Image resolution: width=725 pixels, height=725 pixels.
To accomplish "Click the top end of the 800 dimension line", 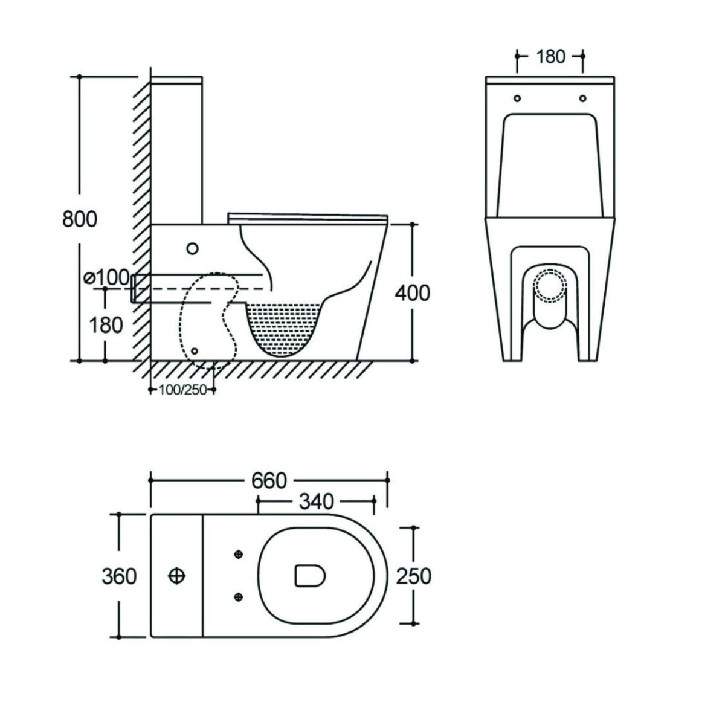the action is [79, 76].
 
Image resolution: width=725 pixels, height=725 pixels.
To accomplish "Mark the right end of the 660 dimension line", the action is [388, 480].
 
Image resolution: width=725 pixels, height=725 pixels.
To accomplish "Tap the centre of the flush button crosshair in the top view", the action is [177, 576].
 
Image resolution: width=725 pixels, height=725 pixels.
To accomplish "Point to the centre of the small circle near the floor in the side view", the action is [195, 350].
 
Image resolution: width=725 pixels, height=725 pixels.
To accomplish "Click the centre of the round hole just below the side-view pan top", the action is [193, 248].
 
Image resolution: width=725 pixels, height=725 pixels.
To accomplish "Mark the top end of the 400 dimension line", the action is [413, 224].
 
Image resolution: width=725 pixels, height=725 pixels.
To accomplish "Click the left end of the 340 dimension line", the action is [258, 501].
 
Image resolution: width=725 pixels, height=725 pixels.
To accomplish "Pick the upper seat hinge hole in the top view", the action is [239, 554].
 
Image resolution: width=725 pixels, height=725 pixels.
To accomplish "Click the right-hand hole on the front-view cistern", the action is [583, 98].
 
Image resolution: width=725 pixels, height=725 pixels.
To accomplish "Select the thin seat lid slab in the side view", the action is [308, 219].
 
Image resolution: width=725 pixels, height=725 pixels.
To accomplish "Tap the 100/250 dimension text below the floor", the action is [182, 390].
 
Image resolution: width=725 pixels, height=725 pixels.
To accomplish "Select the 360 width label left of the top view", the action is [119, 576].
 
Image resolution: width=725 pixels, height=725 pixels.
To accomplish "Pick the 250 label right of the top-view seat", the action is [413, 576].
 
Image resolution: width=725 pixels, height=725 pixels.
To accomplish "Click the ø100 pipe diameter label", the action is [107, 278].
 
